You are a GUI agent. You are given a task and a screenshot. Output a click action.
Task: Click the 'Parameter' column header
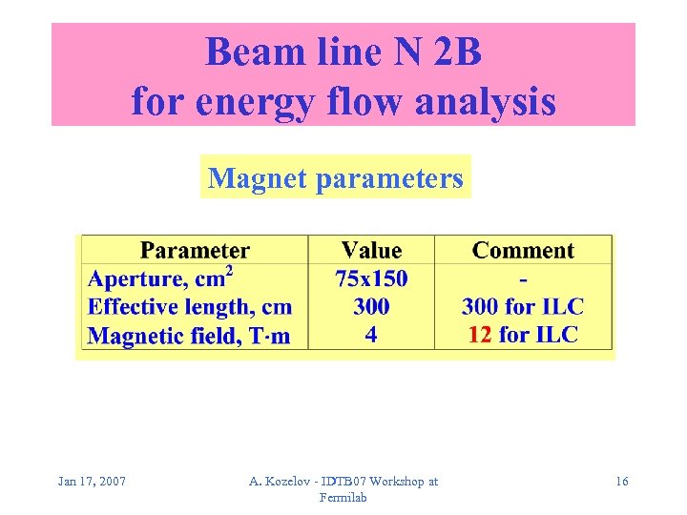pos(195,251)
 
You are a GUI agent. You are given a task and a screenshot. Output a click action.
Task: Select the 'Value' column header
pos(371,251)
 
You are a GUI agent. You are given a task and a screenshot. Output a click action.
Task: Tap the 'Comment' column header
pos(523,251)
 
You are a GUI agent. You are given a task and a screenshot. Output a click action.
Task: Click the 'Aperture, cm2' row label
pos(161,278)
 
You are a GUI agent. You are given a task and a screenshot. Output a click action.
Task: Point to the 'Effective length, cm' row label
pos(190,307)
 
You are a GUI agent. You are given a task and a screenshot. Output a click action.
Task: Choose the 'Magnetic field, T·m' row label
pos(189,336)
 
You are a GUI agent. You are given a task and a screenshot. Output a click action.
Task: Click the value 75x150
pos(371,278)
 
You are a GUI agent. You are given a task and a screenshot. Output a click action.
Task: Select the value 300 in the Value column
pos(371,307)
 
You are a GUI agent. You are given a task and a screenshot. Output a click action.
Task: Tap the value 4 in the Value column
pos(371,336)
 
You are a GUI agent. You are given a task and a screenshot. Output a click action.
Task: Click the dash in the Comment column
pos(523,279)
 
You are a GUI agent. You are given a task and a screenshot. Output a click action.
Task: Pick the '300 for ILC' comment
pos(523,307)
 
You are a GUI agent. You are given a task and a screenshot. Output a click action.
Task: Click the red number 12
pos(479,336)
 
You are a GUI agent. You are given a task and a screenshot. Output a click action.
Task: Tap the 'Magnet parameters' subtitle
pos(336,177)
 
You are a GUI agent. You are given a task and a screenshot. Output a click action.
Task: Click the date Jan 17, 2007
pos(92,482)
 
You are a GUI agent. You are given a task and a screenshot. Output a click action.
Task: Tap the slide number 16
pos(621,482)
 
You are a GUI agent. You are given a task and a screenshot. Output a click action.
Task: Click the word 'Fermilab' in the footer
pos(343,498)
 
